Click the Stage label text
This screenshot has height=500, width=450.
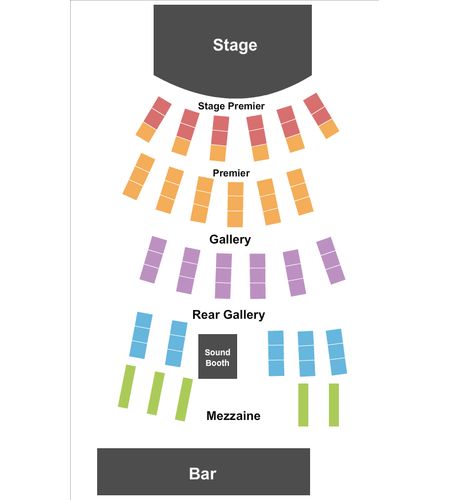tap(235, 45)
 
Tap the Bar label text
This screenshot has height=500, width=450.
tap(203, 473)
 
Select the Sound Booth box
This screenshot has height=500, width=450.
tap(218, 356)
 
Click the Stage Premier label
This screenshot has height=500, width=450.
tap(231, 106)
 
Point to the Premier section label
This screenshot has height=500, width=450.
tap(231, 173)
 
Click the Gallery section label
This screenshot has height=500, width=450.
tap(230, 239)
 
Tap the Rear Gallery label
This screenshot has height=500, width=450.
tap(229, 315)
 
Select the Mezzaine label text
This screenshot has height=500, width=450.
tap(233, 416)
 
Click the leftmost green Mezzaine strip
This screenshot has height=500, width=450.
tap(127, 386)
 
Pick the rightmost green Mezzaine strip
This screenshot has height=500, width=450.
tap(334, 405)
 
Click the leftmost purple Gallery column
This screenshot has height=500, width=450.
tap(153, 260)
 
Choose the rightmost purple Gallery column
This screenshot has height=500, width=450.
tap(331, 261)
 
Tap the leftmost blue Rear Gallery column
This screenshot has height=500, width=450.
tap(141, 335)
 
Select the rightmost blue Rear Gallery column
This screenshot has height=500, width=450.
tap(336, 352)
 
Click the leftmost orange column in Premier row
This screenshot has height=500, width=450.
tap(139, 177)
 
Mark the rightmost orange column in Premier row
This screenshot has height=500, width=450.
tap(300, 192)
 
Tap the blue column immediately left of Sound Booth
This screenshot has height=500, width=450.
tap(176, 344)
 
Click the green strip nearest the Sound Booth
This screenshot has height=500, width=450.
tap(184, 399)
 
